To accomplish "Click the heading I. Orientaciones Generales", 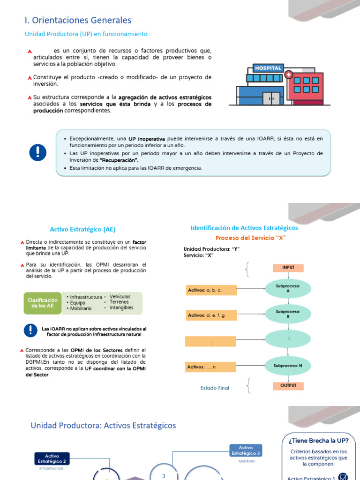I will [78, 20].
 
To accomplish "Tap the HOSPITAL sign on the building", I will [268, 68].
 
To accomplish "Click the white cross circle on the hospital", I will [288, 75].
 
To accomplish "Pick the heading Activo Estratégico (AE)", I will [82, 229].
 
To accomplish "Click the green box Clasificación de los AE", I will [43, 303].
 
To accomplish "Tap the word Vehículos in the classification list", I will [120, 297].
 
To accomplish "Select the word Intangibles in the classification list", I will [121, 308].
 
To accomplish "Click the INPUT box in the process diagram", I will [288, 268].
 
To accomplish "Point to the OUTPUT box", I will [288, 386].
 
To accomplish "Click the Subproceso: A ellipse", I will [288, 288].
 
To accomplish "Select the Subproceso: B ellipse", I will [288, 314].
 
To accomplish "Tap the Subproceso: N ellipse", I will [288, 365].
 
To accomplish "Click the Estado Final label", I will [215, 388].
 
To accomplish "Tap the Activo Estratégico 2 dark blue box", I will [52, 458].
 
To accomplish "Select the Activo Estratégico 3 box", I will [246, 450].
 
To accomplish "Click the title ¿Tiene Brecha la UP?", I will [319, 441].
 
